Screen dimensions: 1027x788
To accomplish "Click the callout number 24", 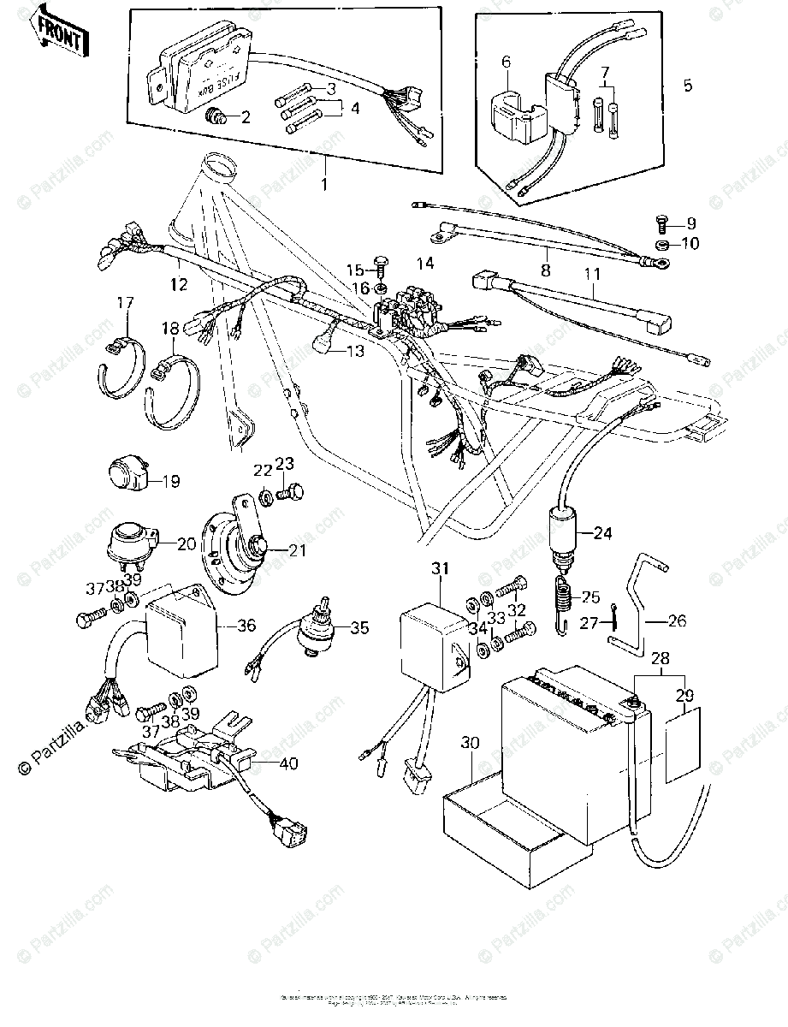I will (603, 534).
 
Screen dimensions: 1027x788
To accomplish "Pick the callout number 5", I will (689, 86).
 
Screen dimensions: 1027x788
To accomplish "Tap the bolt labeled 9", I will (661, 225).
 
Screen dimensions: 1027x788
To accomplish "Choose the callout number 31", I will (440, 570).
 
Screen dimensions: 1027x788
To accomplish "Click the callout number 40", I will (288, 764).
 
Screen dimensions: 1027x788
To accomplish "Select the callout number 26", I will (677, 622).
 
